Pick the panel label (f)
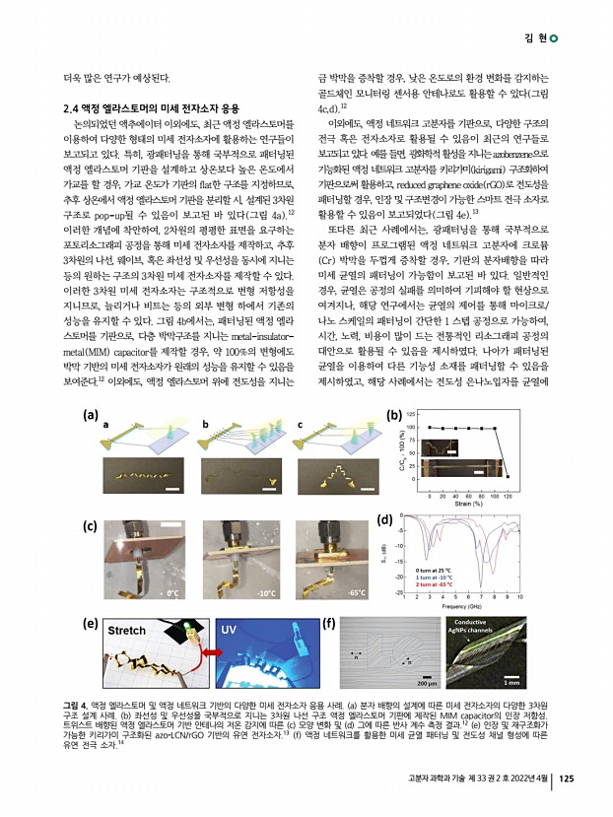[x=328, y=623]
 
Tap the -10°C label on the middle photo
[x=265, y=594]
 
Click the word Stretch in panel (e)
[x=125, y=630]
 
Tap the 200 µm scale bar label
[x=427, y=682]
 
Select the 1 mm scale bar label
[x=511, y=682]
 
